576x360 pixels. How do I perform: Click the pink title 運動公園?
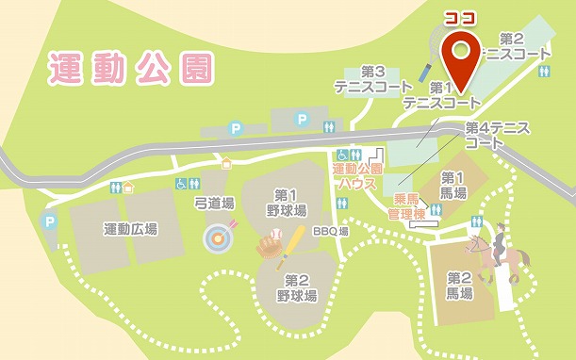[x=131, y=69]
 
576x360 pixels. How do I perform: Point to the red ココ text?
[x=462, y=17]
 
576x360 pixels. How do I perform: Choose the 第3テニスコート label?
[x=372, y=79]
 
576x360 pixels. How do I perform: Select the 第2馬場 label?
[x=459, y=286]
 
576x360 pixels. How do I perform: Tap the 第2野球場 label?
[x=296, y=287]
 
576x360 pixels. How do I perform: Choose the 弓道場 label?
[x=214, y=203]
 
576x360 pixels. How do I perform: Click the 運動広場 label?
[x=130, y=229]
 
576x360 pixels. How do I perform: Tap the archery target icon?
[x=218, y=237]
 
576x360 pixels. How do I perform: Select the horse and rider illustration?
[x=496, y=252]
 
